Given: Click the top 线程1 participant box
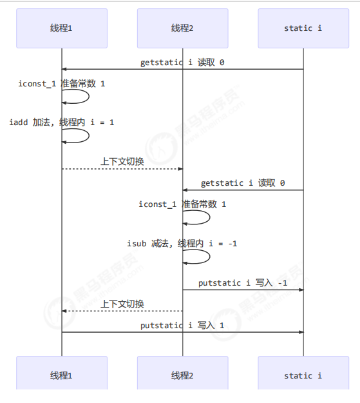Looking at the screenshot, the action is [62, 28].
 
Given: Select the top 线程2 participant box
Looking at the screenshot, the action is [182, 28].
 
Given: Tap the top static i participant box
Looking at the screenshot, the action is [303, 28].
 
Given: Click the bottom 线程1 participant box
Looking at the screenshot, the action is [62, 373].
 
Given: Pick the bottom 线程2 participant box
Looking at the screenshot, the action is [182, 373].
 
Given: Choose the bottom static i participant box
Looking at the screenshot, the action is [303, 373].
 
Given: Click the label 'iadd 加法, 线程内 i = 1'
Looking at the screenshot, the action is [62, 123].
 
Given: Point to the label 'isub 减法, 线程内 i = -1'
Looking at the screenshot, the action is [182, 243].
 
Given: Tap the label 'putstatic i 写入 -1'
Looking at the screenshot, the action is [243, 283].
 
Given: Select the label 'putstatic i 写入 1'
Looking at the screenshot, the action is [182, 326].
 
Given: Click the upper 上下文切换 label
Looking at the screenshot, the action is [122, 162].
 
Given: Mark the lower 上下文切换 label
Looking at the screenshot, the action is [122, 304].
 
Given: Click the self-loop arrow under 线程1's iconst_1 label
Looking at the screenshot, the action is [89, 97].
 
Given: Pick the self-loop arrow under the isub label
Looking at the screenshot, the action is [210, 257].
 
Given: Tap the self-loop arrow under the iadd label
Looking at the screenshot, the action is [89, 135].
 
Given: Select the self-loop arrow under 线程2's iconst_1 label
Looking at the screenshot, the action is [210, 217].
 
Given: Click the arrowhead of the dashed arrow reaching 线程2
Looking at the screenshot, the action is [180, 169].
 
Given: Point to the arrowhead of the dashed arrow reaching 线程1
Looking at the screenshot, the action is [64, 311].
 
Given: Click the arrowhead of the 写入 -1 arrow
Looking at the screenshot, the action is [301, 290].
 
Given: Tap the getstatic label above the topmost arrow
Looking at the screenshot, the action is [182, 63].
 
